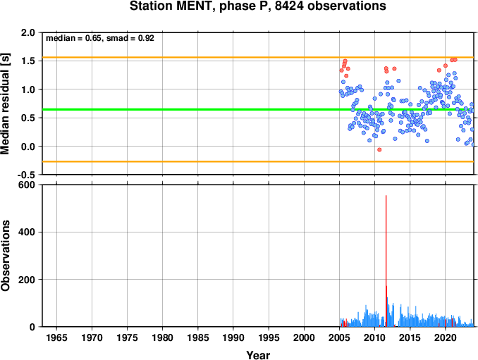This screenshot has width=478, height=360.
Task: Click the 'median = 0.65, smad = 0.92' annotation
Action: pyautogui.click(x=100, y=38)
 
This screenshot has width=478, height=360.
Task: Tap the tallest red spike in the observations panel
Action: pyautogui.click(x=386, y=261)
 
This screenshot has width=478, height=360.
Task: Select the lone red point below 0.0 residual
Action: pyautogui.click(x=379, y=149)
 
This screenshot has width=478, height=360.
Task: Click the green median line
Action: pyautogui.click(x=258, y=109)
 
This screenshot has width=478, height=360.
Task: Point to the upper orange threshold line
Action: pyautogui.click(x=258, y=57)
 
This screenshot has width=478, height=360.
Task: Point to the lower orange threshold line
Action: pyautogui.click(x=258, y=161)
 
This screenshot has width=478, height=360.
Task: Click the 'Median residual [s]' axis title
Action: pyautogui.click(x=5, y=104)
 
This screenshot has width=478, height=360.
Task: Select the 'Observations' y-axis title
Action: pyautogui.click(x=5, y=256)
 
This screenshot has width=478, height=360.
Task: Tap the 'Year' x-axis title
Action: pyautogui.click(x=258, y=355)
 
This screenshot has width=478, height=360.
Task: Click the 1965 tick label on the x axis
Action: pyautogui.click(x=56, y=337)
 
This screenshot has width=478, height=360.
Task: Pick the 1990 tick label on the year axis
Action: pyautogui.click(x=233, y=337)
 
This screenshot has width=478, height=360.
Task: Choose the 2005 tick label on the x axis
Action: pyautogui.click(x=339, y=337)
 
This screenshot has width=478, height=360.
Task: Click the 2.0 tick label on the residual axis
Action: pyautogui.click(x=27, y=32)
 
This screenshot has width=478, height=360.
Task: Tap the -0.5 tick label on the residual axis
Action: pyautogui.click(x=26, y=175)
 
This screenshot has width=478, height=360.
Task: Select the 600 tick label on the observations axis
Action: pyautogui.click(x=27, y=185)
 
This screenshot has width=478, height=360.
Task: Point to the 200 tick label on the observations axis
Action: pyautogui.click(x=27, y=280)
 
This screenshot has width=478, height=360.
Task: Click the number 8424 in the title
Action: pyautogui.click(x=289, y=6)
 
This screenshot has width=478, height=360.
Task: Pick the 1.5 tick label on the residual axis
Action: pyautogui.click(x=27, y=61)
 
